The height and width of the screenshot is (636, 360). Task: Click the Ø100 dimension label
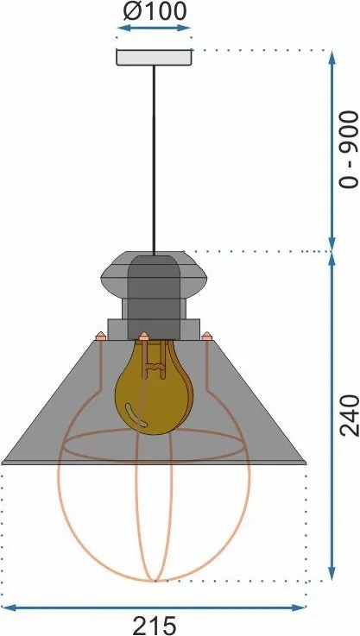155,11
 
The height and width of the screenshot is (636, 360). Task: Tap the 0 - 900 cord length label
349,150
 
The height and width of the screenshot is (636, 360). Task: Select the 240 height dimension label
349,416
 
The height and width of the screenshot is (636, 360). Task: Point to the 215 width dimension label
155,626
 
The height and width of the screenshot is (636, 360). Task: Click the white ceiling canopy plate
154,57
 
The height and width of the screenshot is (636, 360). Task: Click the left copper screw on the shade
100,336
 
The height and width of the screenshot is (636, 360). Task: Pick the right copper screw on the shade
207,336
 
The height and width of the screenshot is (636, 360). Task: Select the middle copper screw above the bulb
143,336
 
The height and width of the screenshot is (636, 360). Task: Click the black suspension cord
154,161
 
